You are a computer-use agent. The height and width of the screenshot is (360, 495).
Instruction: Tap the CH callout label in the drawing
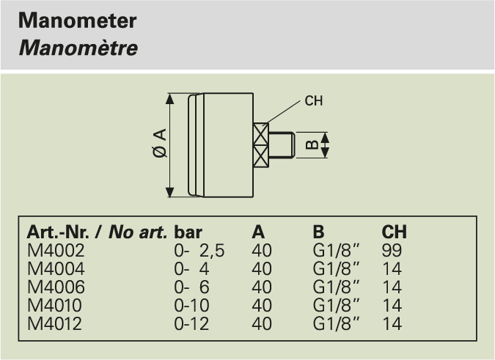(313, 101)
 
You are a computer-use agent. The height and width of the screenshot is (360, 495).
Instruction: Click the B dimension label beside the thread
(312, 144)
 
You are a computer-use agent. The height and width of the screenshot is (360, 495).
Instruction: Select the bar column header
(188, 233)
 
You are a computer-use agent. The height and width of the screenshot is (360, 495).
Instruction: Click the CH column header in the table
(394, 233)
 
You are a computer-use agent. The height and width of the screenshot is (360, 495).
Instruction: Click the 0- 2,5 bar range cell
(199, 251)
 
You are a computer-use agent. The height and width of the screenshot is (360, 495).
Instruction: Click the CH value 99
(392, 251)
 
